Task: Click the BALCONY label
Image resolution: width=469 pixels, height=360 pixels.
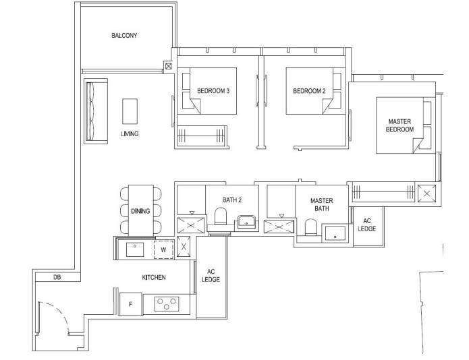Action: click(x=124, y=36)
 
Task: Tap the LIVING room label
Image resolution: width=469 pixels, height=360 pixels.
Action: click(x=130, y=133)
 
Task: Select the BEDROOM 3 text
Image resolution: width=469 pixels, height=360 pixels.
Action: click(x=213, y=91)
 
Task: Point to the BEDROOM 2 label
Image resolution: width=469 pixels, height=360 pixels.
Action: click(x=309, y=91)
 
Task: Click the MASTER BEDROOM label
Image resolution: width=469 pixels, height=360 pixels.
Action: click(x=399, y=125)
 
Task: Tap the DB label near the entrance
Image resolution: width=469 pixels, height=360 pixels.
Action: click(x=57, y=277)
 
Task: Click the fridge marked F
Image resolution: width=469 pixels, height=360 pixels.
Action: click(x=130, y=304)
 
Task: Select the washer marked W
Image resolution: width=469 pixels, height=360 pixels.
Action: click(x=163, y=249)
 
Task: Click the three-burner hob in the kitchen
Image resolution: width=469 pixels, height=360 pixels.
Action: click(x=167, y=304)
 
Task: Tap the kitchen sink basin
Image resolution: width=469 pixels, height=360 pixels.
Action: click(x=135, y=249)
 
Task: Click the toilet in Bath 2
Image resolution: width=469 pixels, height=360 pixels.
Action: click(x=221, y=216)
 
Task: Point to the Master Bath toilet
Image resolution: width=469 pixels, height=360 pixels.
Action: click(x=310, y=227)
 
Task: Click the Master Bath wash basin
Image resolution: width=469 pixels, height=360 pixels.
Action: click(x=335, y=233)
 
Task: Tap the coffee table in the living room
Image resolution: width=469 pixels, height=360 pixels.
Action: click(x=130, y=111)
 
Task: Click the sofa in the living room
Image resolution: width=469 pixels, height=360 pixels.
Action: click(x=96, y=111)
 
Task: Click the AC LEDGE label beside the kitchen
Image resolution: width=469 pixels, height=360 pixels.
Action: click(x=211, y=276)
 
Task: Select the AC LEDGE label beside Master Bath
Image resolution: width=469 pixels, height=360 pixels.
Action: click(x=366, y=224)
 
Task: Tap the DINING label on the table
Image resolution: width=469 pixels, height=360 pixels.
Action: click(x=140, y=211)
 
